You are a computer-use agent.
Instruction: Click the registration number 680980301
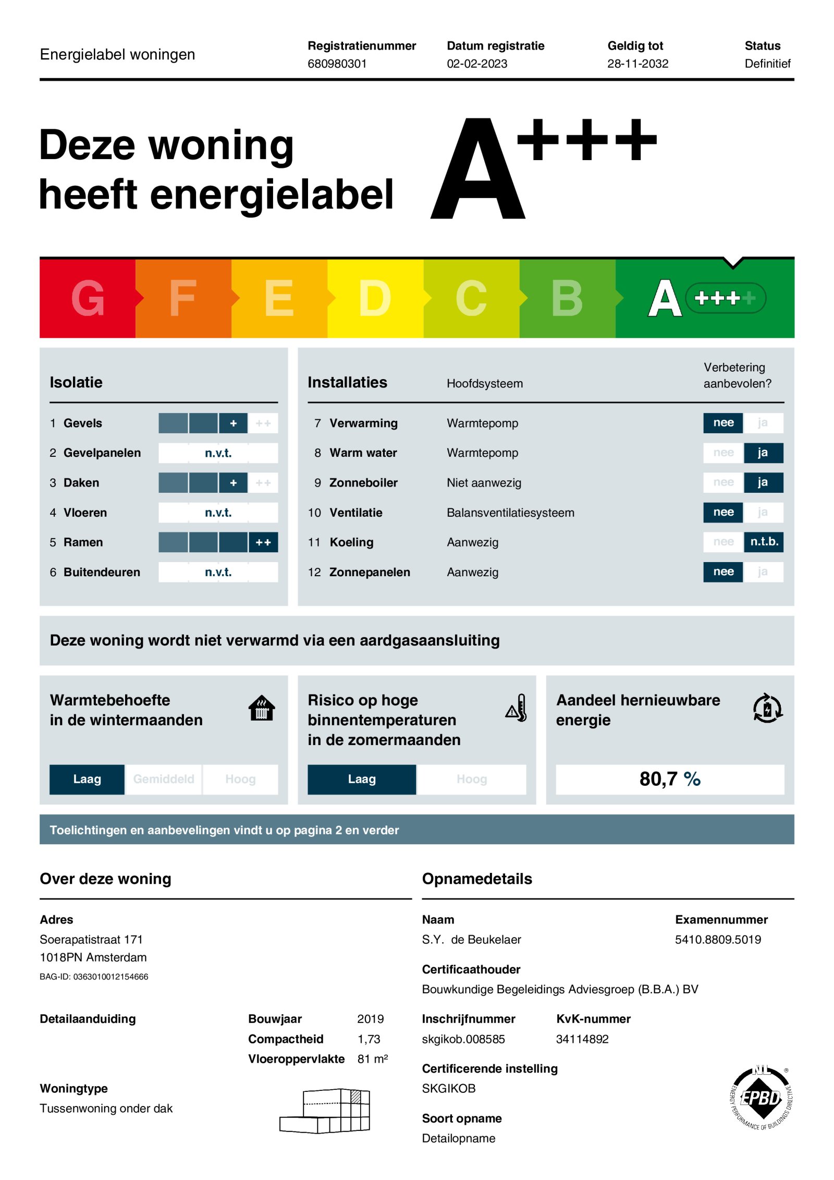click(337, 64)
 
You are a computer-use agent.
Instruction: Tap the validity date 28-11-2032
click(637, 64)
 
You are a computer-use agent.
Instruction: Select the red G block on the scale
click(87, 298)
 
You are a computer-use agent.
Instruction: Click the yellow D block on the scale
click(375, 298)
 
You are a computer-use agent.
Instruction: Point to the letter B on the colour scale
click(567, 298)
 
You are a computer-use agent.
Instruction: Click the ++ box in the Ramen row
click(263, 542)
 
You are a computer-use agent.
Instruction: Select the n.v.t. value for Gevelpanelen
click(218, 453)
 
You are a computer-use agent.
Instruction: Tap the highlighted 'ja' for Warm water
click(763, 453)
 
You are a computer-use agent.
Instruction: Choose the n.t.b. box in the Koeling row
click(764, 542)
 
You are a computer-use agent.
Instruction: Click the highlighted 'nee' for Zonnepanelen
click(723, 571)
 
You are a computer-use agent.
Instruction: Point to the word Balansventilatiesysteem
click(510, 513)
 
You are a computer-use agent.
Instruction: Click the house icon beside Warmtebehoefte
click(262, 708)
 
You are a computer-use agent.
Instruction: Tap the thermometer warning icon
click(517, 708)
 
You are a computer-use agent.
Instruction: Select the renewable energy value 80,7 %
click(669, 779)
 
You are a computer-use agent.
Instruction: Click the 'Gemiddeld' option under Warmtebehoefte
click(164, 779)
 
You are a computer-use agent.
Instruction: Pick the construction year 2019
click(370, 1019)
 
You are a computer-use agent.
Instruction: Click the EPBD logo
click(761, 1098)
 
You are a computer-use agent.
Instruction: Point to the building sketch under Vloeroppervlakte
click(325, 1111)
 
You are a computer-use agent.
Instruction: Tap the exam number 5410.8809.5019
click(718, 940)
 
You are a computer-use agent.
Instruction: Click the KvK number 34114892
click(582, 1039)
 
